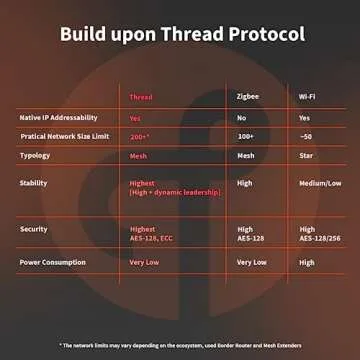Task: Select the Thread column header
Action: [141, 97]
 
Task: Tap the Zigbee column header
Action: [248, 97]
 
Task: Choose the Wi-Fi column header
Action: [311, 97]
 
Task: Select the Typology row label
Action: [35, 155]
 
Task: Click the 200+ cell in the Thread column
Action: [139, 135]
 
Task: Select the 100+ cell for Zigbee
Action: [246, 135]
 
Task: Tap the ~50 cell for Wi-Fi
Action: [306, 135]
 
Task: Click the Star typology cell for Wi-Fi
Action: [307, 155]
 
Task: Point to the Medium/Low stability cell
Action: [319, 183]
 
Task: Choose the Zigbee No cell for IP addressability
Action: [242, 117]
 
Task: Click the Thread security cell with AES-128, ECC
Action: [150, 234]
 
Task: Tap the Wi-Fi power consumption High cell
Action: [307, 262]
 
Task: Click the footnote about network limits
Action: [180, 343]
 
